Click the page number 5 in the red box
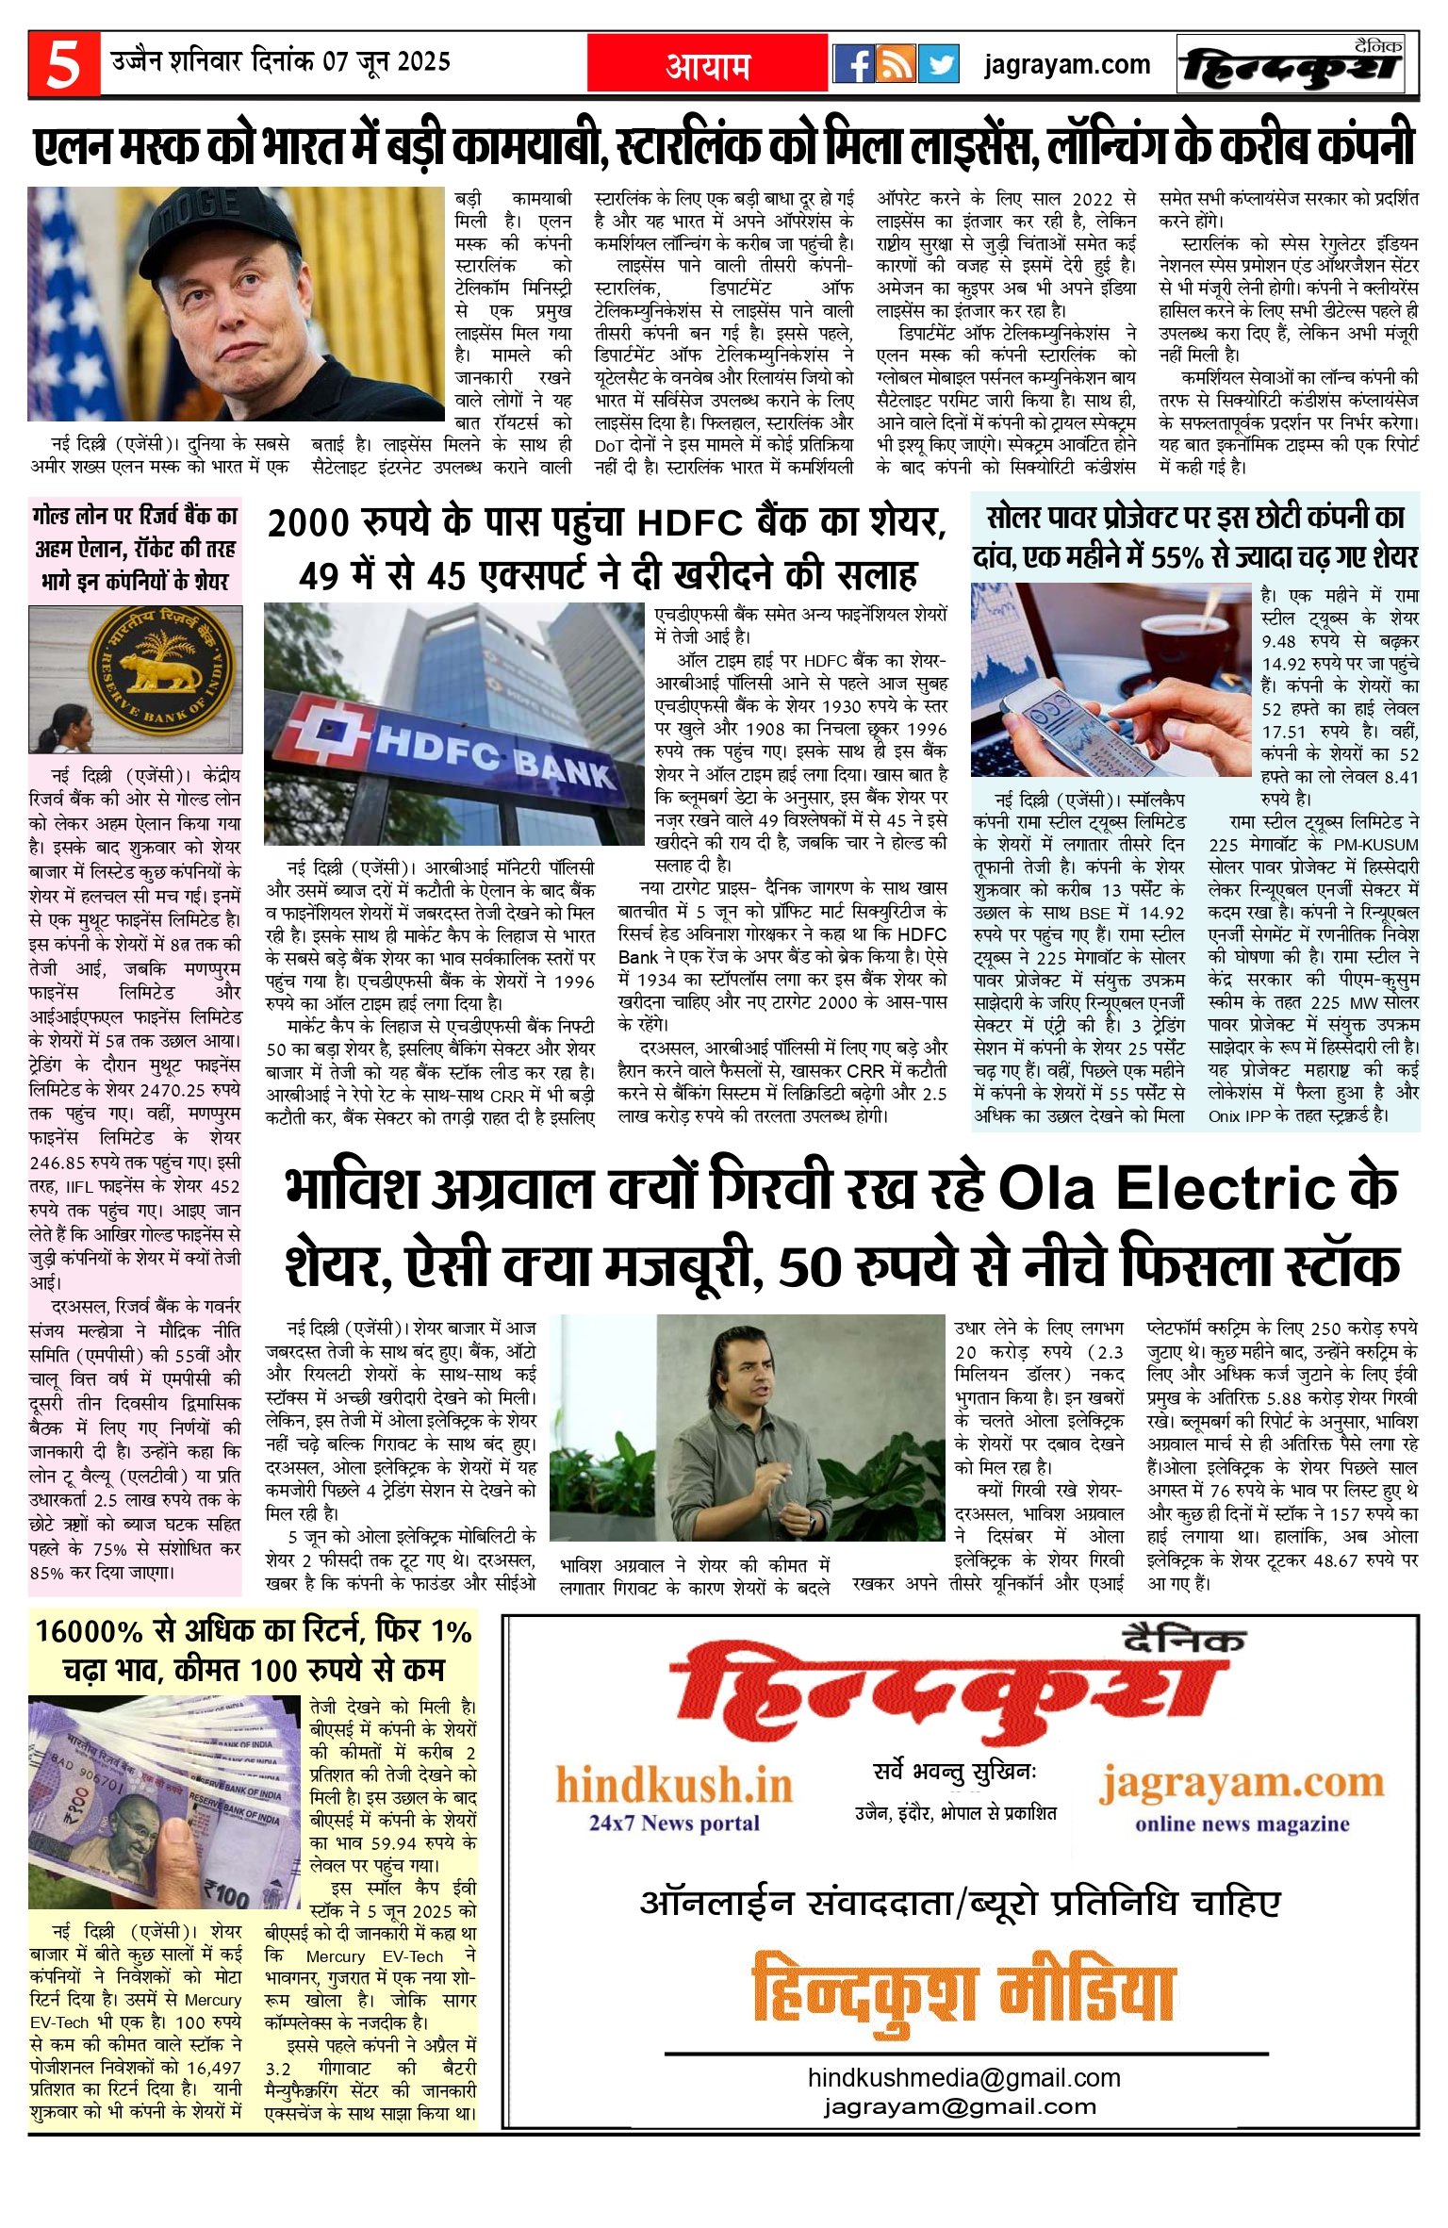pyautogui.click(x=62, y=64)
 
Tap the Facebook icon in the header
pyautogui.click(x=853, y=64)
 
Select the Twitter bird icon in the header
pyautogui.click(x=938, y=64)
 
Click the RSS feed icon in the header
pyautogui.click(x=896, y=64)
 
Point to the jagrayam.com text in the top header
pyautogui.click(x=1067, y=65)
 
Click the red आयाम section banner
pyautogui.click(x=708, y=65)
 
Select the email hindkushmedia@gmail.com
pyautogui.click(x=963, y=2077)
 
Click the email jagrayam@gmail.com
pyautogui.click(x=960, y=2104)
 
